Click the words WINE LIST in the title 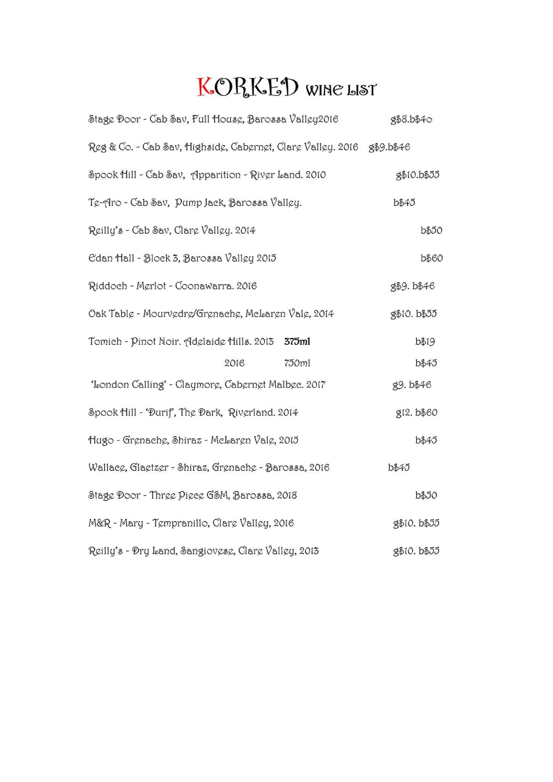341,90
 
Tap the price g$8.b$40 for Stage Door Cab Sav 411,120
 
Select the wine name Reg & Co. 110,147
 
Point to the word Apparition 215,175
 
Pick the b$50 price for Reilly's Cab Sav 431,231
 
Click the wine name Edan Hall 111,259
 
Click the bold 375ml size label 297,342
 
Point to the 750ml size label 297,363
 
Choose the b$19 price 425,342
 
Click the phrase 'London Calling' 128,385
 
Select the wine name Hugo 101,441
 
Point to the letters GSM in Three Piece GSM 217,495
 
